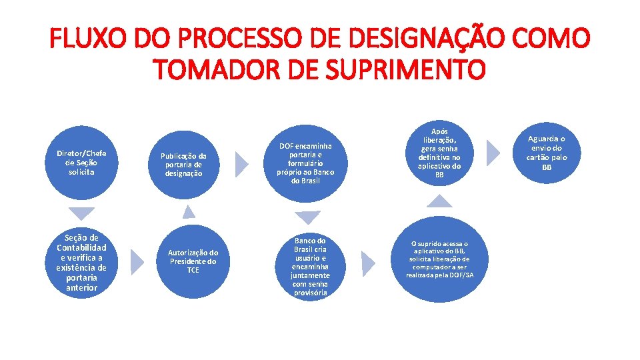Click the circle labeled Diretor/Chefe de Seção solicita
point(81,162)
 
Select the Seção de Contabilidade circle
point(81,262)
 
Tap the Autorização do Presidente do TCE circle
point(193,261)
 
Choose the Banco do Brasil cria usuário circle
point(309,266)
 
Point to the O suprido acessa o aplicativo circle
point(439,261)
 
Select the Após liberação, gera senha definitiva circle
point(439,153)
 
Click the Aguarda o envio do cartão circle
point(546,153)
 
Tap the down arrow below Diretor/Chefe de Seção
point(82,213)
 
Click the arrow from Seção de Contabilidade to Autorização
point(136,262)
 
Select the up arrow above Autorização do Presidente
point(189,212)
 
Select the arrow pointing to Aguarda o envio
point(493,153)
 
